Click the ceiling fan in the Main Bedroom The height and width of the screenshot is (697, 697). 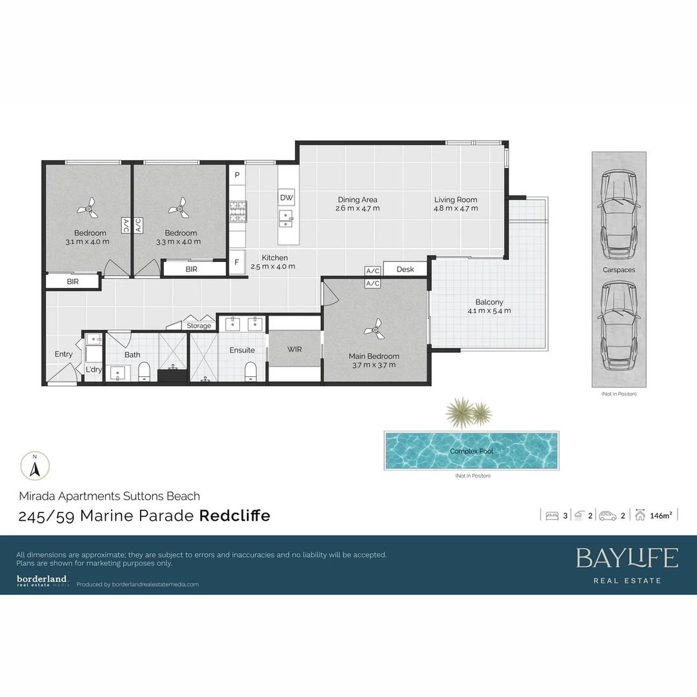374,330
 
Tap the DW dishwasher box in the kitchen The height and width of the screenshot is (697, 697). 287,197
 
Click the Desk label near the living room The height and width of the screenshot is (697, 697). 405,269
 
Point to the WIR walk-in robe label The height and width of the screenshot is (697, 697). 294,349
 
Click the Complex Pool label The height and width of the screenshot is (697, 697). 471,451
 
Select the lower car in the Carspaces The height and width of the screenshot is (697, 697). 618,326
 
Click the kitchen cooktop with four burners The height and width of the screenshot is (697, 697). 237,211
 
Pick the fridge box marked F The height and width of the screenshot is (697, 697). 237,263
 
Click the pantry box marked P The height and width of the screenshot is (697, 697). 237,175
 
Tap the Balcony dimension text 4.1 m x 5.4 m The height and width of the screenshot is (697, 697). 489,310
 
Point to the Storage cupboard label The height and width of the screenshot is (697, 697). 199,326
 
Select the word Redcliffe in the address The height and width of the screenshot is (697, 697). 234,516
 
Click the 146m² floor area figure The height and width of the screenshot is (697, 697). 662,515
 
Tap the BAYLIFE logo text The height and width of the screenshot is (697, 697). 627,558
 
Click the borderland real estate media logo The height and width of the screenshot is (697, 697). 43,581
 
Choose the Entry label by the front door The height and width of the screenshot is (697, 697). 63,354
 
